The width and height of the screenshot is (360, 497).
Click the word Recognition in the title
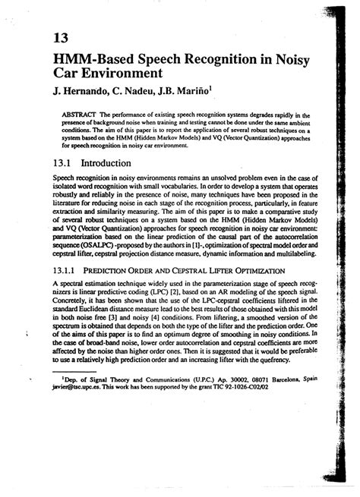pos(215,59)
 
